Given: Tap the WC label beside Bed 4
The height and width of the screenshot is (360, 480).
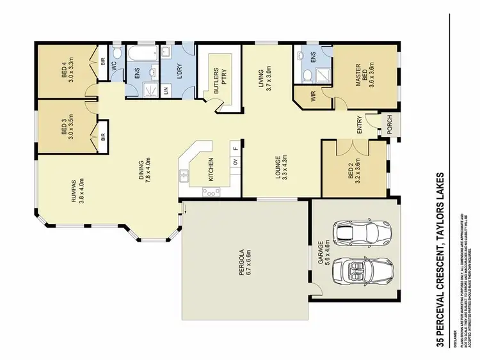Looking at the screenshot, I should tap(113, 65).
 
